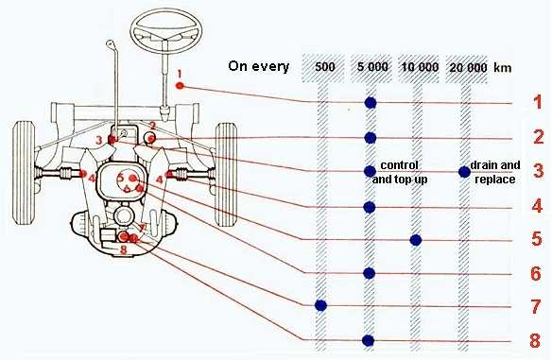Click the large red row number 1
[x=537, y=103]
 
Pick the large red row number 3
[x=537, y=171]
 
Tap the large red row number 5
[x=537, y=240]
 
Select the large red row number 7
[x=537, y=306]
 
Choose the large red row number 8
[x=537, y=340]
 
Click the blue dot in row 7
[x=320, y=305]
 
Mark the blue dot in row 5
[x=416, y=240]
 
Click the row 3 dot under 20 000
[x=464, y=171]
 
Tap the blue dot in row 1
[x=370, y=103]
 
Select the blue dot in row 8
[x=369, y=340]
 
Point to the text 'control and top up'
[x=405, y=171]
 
